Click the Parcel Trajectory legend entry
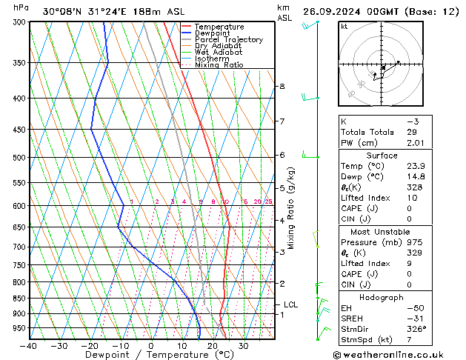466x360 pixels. (228, 39)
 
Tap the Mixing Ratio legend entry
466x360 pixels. (219, 64)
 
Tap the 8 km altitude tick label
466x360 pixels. (282, 87)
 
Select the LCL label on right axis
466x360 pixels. (290, 304)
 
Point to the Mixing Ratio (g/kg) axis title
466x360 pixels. (291, 207)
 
